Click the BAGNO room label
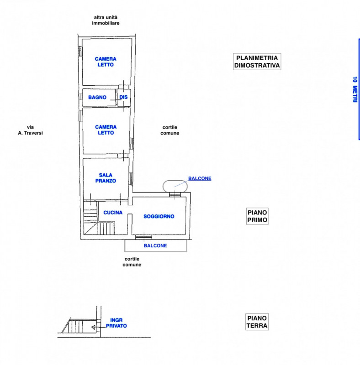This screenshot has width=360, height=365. [97, 97]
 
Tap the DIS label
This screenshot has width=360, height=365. [123, 97]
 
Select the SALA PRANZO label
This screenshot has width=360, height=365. [106, 178]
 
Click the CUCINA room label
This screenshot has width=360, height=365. [112, 213]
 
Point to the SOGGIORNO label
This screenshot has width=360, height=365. [159, 216]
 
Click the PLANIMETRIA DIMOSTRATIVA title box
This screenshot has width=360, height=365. [257, 62]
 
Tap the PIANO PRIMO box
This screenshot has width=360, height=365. [257, 216]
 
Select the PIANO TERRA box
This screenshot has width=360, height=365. [257, 322]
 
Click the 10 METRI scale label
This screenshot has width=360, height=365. [355, 89]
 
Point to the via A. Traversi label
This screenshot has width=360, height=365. [30, 130]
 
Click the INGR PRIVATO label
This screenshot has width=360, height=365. [116, 323]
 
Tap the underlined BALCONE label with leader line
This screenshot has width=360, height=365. [200, 178]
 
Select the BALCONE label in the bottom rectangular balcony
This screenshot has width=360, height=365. [155, 245]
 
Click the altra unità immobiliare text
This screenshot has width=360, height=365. [106, 20]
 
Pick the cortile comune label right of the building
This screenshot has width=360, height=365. [170, 130]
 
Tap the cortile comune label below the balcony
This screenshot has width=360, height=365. [132, 261]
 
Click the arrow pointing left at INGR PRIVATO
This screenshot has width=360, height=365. [94, 327]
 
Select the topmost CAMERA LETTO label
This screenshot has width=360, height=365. [106, 62]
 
